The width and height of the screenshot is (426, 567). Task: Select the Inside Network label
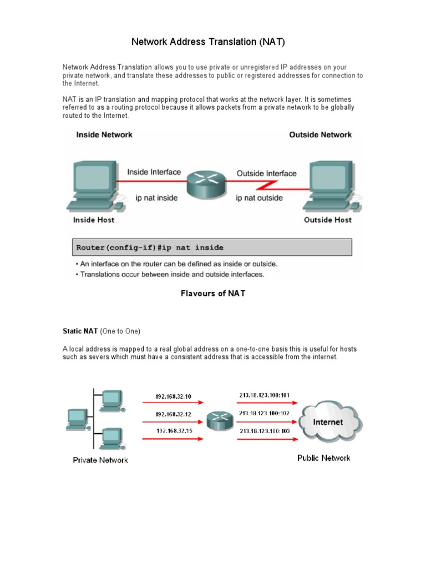[x=104, y=135]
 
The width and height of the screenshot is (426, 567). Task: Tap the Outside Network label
[x=320, y=135]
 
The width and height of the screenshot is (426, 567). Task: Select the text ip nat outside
[x=259, y=198]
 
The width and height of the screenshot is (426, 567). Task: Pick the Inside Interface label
[x=154, y=172]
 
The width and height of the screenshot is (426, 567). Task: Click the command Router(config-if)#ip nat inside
[x=150, y=247]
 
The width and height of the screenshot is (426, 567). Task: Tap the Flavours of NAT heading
[x=213, y=293]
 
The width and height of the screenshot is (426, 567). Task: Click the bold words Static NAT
[x=80, y=331]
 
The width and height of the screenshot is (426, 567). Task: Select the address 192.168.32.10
[x=173, y=396]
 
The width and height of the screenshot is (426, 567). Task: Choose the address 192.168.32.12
[x=173, y=414]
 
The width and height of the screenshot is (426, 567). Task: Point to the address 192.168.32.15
[x=174, y=431]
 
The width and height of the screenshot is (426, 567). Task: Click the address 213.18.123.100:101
[x=264, y=395]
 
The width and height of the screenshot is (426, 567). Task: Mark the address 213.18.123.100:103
[x=264, y=430]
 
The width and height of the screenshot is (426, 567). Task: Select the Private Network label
[x=100, y=460]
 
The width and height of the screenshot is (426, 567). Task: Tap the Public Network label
[x=323, y=458]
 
